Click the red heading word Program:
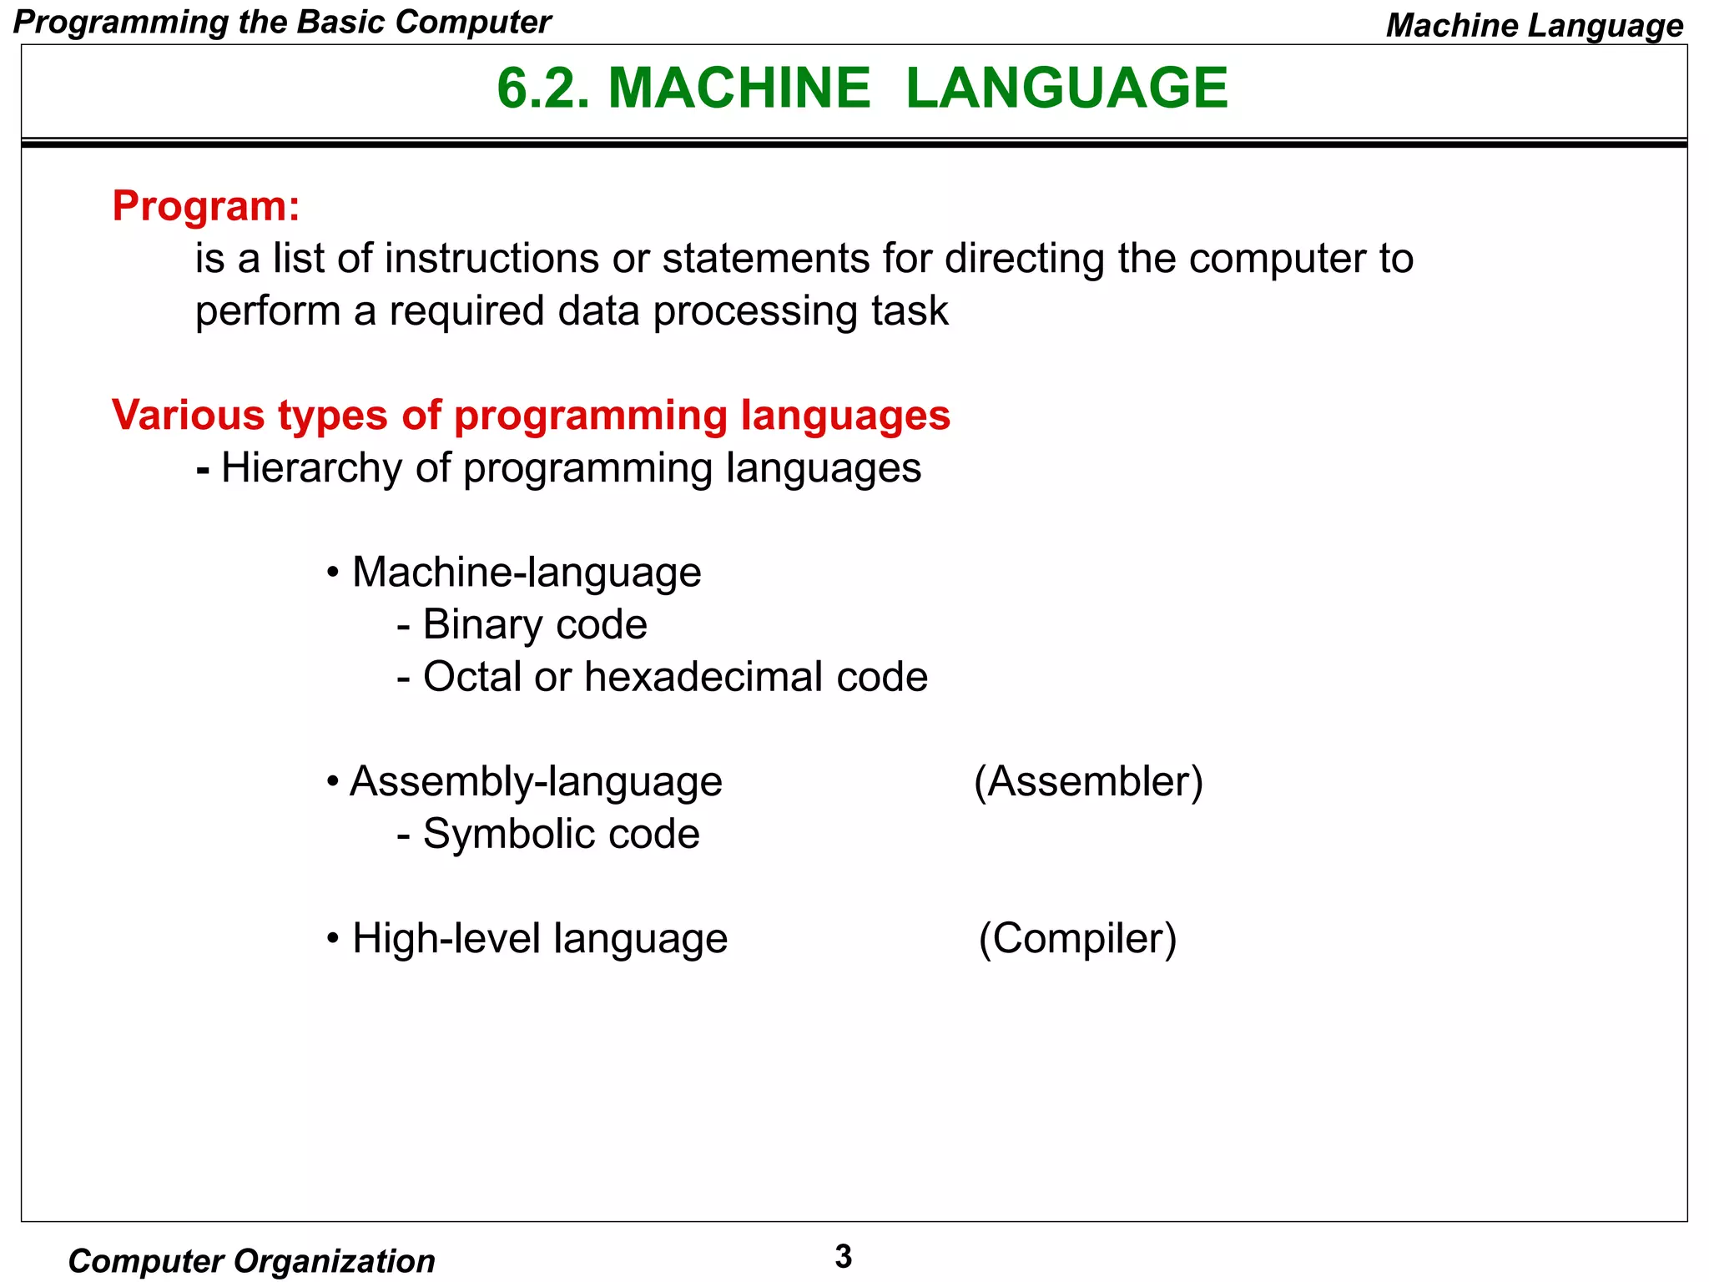[205, 206]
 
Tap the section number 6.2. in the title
[543, 88]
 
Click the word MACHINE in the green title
[739, 88]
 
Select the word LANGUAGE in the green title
[1066, 88]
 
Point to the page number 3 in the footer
[843, 1256]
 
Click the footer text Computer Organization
[251, 1261]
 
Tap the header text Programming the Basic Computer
[282, 23]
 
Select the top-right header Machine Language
[1534, 26]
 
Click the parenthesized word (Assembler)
[1088, 782]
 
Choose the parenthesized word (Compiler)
[1077, 938]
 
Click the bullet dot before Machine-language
[333, 573]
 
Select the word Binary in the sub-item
[482, 625]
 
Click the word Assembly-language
[536, 782]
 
